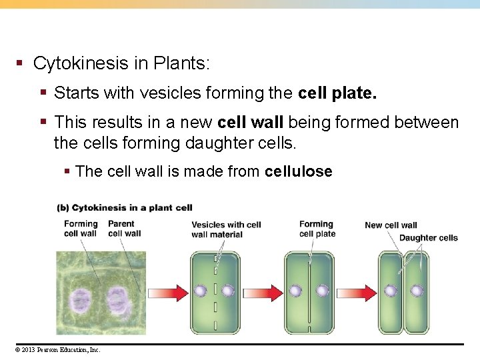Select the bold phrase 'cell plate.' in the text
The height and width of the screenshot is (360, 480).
pyautogui.click(x=337, y=93)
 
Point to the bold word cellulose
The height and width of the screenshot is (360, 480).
pyautogui.click(x=298, y=171)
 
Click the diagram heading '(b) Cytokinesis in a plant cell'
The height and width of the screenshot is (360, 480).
pyautogui.click(x=125, y=208)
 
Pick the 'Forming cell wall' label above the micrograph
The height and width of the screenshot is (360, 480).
pyautogui.click(x=81, y=229)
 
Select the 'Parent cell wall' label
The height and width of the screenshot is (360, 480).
pyautogui.click(x=124, y=229)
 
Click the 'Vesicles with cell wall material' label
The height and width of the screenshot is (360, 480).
pyautogui.click(x=226, y=229)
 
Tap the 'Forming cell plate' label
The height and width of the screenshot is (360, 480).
pyautogui.click(x=317, y=229)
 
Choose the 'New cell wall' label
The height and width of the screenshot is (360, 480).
pyautogui.click(x=391, y=225)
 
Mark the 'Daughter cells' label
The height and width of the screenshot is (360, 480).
pyautogui.click(x=428, y=238)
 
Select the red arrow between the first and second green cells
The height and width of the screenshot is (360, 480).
pyautogui.click(x=263, y=291)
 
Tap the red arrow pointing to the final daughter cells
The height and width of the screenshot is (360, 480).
pyautogui.click(x=357, y=291)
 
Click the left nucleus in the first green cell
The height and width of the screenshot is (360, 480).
pyautogui.click(x=201, y=291)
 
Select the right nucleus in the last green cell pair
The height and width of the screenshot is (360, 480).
pyautogui.click(x=417, y=291)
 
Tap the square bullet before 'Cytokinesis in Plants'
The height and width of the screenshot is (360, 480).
pyautogui.click(x=20, y=64)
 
